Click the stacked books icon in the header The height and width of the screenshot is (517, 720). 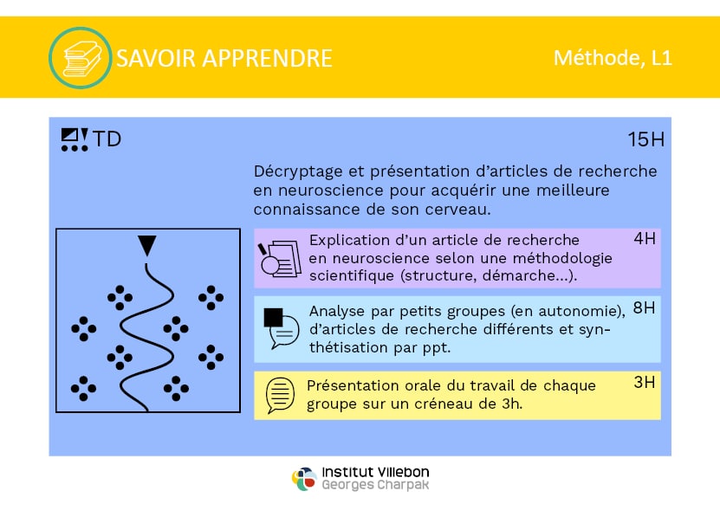point(81,58)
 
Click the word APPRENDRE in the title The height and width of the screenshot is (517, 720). point(267,58)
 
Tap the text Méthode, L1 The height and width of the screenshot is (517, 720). point(613,58)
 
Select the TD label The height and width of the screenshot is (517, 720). point(107,139)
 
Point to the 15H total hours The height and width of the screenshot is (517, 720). point(646,139)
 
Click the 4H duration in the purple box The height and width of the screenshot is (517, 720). point(645,238)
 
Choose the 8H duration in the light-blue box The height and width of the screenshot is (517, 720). point(644,307)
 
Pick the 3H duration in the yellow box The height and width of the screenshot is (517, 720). point(645,382)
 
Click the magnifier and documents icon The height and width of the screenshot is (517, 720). point(280,259)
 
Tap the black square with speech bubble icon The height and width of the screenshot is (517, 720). point(281,328)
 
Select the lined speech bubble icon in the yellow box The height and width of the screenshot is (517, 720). point(280,395)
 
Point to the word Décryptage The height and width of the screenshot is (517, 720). point(298,171)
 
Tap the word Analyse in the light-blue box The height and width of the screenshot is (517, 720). point(336,311)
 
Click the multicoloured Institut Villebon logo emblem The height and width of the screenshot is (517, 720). point(304,478)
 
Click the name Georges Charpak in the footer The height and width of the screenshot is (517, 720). point(375,485)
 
